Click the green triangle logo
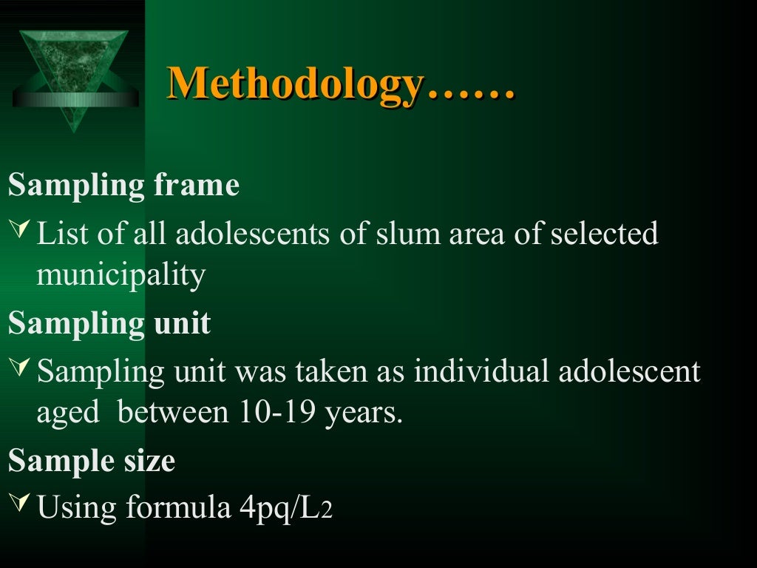point(73,70)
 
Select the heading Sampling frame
point(123,186)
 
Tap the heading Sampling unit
point(109,324)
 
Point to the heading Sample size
point(92,461)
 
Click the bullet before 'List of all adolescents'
point(21,234)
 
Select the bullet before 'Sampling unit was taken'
point(21,370)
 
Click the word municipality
point(120,276)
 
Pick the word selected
point(605,234)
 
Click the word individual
point(481,371)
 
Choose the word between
point(173,413)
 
